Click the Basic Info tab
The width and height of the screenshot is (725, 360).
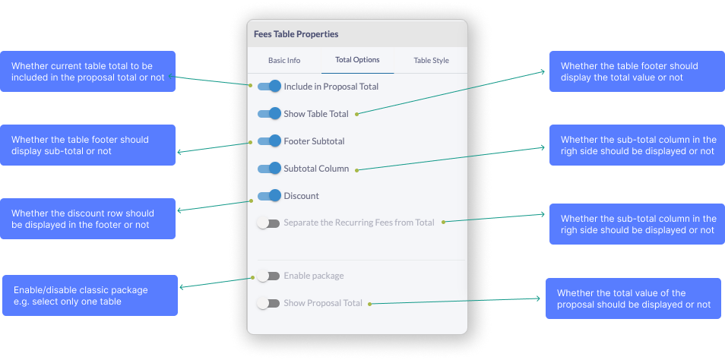coord(283,60)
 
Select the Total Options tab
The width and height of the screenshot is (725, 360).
coord(357,60)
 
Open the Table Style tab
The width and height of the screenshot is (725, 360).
coord(431,60)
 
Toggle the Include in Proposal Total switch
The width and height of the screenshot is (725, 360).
coord(269,87)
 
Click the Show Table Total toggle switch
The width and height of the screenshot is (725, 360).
coord(269,114)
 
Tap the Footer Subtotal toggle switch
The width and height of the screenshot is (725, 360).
coord(269,141)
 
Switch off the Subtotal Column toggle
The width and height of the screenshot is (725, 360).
coord(269,169)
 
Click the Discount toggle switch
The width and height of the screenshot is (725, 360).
coord(269,196)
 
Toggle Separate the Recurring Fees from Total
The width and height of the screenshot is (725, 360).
coord(268,223)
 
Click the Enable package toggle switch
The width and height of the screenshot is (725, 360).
coord(268,276)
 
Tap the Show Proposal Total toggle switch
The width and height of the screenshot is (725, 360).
coord(268,303)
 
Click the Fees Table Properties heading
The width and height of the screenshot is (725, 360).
coord(296,34)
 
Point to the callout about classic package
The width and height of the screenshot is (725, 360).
coord(90,295)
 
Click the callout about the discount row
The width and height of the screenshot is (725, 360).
coord(87,219)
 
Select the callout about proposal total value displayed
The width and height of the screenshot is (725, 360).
coord(633,298)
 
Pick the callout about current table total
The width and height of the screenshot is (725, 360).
coord(87,71)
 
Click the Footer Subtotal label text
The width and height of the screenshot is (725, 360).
coord(314,141)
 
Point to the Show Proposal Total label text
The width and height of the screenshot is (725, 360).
coord(323,303)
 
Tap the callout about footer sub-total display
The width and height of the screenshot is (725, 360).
coord(87,145)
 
